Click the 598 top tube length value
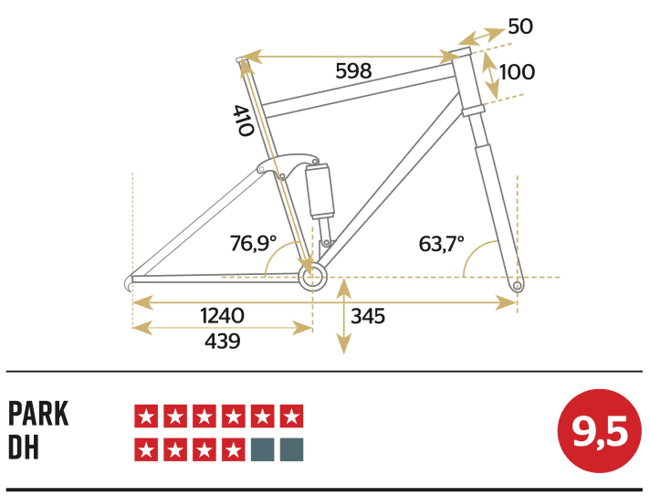[353, 71]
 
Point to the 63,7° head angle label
[442, 244]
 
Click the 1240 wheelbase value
[222, 315]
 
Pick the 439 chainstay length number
[222, 341]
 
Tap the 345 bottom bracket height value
[368, 317]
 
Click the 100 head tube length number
[517, 71]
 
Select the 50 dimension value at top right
[519, 26]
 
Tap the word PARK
[38, 414]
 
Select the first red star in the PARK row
[145, 417]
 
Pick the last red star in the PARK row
[291, 417]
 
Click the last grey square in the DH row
[291, 449]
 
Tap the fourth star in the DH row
[233, 449]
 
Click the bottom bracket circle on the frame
[311, 278]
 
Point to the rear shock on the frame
[321, 191]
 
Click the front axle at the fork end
[517, 286]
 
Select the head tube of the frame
[469, 82]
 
